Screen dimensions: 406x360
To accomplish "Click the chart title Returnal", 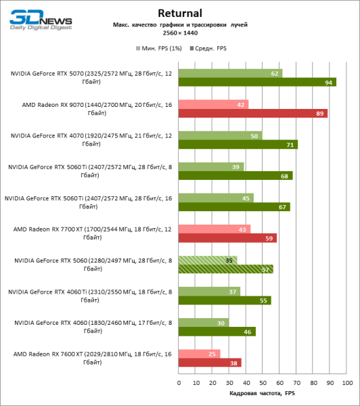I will (179, 12).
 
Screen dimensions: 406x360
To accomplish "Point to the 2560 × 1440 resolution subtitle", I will (179, 33).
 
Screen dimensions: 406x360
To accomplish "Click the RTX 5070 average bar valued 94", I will (257, 82).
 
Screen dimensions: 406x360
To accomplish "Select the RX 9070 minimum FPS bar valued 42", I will (213, 104).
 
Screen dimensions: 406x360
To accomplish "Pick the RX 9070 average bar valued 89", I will (253, 113).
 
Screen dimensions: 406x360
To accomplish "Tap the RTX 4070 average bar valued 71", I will (238, 144).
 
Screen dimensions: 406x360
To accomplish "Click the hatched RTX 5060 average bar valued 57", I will (226, 269).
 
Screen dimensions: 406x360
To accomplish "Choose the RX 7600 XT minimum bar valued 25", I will (200, 353).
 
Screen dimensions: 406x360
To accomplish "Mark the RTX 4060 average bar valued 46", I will (217, 332).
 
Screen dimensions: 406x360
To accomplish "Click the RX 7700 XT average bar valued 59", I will (228, 238).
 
